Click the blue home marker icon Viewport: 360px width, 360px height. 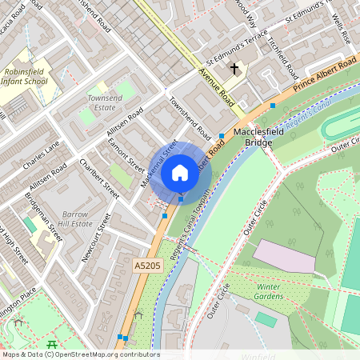point(180,172)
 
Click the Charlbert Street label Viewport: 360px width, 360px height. point(99,178)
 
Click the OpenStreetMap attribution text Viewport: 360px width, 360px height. point(80,354)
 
